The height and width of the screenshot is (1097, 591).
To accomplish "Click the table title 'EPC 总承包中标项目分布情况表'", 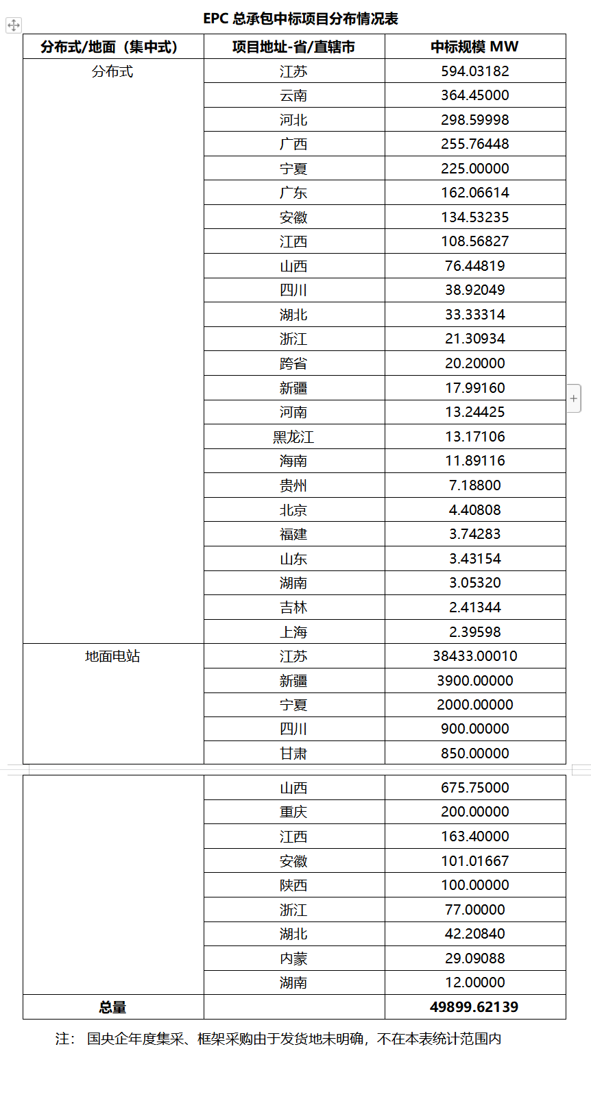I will (300, 19).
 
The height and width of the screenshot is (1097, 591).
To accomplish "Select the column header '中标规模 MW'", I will (474, 47).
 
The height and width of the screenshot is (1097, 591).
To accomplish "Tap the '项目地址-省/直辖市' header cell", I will (293, 47).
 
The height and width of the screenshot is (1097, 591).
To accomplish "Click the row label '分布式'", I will (112, 71).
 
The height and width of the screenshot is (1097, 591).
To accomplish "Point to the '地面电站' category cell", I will (112, 656).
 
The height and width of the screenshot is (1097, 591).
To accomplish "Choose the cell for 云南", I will (293, 95).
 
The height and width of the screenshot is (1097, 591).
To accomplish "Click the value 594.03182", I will (474, 71).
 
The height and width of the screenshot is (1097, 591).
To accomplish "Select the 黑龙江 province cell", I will (293, 437).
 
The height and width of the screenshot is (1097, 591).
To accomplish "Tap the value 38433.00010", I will (474, 656).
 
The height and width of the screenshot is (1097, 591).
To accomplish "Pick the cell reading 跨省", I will (293, 363).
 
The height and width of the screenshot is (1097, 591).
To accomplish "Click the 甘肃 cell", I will (293, 754).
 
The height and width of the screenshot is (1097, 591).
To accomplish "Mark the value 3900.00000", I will (474, 681).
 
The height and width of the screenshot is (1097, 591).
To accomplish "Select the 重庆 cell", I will (293, 812).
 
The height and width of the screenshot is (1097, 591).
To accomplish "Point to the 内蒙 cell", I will (293, 959).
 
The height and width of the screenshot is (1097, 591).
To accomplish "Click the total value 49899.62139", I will (474, 1007).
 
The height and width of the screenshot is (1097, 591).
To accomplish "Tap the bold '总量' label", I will (112, 1007).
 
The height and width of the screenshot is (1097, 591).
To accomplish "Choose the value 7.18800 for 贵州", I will (474, 485).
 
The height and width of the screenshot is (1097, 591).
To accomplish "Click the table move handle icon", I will (14, 26).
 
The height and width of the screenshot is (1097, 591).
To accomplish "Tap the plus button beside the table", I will (574, 398).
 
